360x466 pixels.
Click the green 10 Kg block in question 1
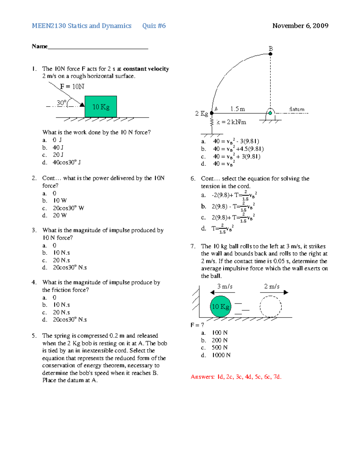pos(100,107)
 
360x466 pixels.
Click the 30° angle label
pos(61,103)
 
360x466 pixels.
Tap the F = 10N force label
pos(72,87)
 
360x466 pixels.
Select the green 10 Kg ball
pos(220,306)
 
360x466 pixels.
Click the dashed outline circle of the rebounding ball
pos(271,306)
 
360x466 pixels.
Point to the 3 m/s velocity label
pos(225,287)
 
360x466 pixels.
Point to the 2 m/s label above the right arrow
pos(272,287)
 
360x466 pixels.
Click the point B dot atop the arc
pos(270,54)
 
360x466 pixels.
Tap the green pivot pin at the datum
pos(270,113)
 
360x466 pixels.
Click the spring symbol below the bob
pos(212,122)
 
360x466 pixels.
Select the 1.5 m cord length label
pos(238,109)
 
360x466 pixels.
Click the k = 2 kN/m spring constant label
pos(231,122)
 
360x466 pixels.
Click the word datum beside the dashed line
pos(296,109)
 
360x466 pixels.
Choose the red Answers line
pos(236,377)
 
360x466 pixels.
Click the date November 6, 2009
pos(300,26)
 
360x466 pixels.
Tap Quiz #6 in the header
pos(154,26)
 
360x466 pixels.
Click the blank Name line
pos(98,47)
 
